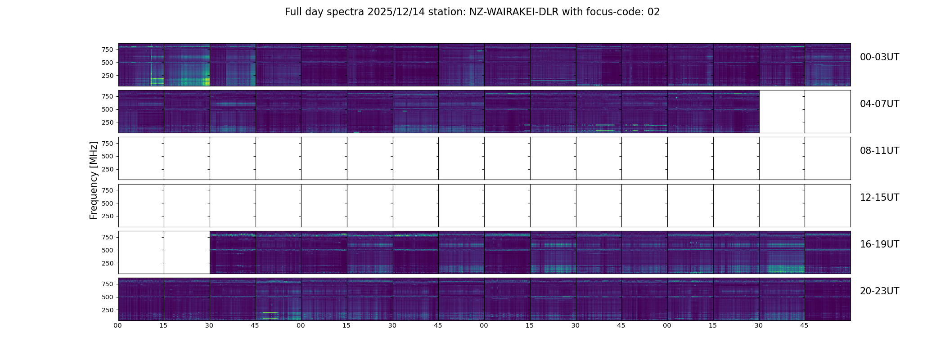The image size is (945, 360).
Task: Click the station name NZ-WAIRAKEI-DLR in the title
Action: tap(513, 12)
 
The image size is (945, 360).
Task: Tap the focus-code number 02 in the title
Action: tap(653, 12)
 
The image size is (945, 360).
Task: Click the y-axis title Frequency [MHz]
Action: tap(94, 180)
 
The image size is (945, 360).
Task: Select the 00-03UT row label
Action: tap(879, 57)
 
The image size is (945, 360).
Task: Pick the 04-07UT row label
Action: tap(879, 104)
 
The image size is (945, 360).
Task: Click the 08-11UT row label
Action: tap(879, 151)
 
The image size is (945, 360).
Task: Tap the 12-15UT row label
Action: tap(879, 198)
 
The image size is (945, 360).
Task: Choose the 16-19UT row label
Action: tap(879, 244)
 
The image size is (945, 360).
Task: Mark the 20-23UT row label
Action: tap(879, 291)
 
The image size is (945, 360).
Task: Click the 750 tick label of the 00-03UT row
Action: tap(108, 49)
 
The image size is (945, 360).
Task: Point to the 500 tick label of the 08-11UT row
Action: tap(108, 156)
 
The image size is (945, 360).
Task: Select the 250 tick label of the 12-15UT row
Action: tap(108, 216)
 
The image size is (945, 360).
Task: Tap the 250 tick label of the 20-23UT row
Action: tap(108, 310)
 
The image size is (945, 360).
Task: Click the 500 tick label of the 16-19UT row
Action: tap(108, 250)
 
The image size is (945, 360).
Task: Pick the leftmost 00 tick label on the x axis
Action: tap(118, 326)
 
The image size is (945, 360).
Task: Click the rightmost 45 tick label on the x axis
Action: tap(804, 326)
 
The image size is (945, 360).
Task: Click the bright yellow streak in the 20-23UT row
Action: tap(270, 313)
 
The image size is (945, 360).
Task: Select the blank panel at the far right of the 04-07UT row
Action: tap(828, 112)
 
